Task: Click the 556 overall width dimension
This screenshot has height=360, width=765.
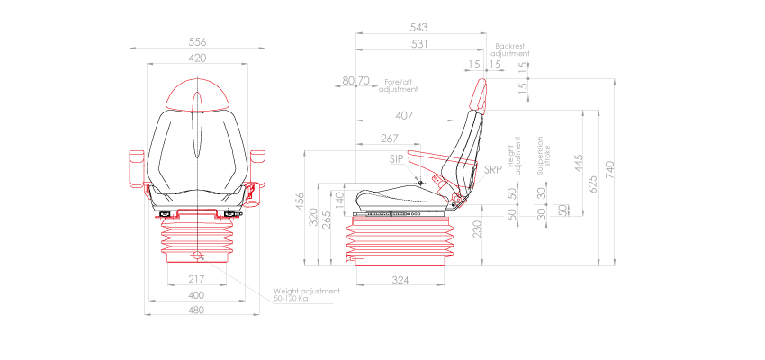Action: (x=197, y=42)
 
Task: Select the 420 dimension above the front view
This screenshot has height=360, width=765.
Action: (x=197, y=58)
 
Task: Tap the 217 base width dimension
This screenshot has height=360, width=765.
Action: (x=195, y=279)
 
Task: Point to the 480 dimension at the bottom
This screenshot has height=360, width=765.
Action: (x=196, y=310)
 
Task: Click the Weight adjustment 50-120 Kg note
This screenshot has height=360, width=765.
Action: (x=307, y=294)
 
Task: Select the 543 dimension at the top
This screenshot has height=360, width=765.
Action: (x=419, y=27)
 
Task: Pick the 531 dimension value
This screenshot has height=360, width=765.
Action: (x=419, y=44)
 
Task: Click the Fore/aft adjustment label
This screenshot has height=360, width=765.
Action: (x=399, y=85)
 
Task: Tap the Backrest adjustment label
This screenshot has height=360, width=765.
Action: (x=509, y=50)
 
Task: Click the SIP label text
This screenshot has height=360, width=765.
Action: (x=396, y=159)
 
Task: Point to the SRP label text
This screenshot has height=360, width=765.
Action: (x=493, y=170)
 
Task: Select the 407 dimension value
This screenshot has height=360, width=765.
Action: (x=404, y=115)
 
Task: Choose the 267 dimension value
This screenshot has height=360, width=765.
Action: (x=390, y=139)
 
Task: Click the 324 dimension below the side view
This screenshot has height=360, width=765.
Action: (x=400, y=279)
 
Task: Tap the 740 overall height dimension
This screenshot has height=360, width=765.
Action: (x=609, y=170)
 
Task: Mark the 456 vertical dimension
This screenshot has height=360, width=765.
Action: (x=300, y=202)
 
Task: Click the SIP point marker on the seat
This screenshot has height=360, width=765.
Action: (x=420, y=183)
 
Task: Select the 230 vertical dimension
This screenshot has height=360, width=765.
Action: (x=477, y=229)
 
